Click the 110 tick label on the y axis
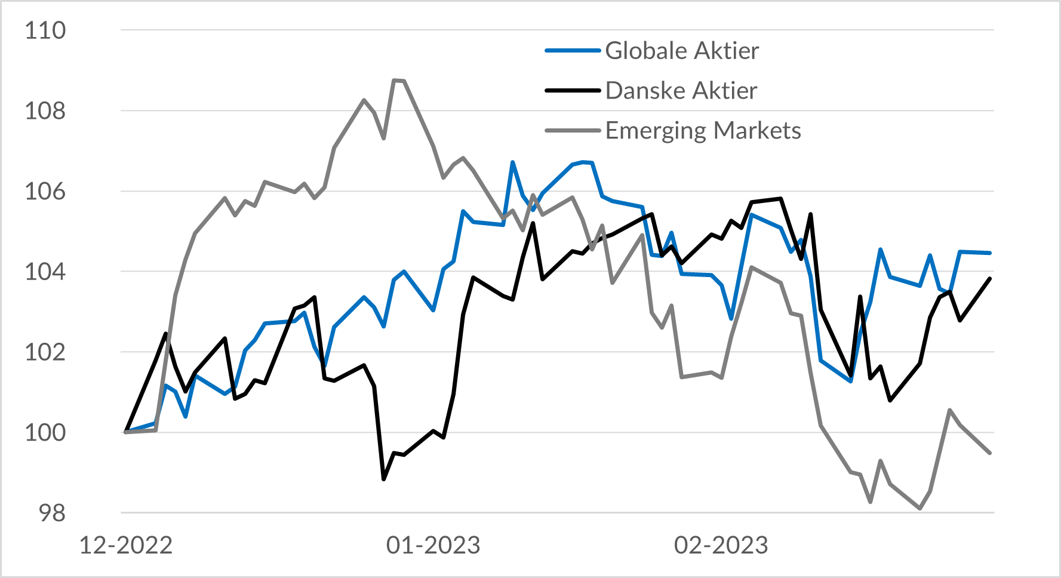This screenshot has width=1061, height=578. [45, 30]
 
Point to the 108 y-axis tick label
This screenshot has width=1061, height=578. [45, 111]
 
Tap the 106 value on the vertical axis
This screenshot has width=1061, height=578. [45, 192]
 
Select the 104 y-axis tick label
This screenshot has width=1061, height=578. [45, 272]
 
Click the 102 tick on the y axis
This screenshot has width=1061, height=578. [45, 352]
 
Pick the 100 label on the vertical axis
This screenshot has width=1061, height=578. [45, 432]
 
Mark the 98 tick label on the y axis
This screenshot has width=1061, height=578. [52, 513]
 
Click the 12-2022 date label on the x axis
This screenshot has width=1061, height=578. [126, 545]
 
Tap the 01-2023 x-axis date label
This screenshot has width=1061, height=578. [433, 545]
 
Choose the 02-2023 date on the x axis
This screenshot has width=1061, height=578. [721, 545]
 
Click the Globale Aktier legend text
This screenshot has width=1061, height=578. [682, 51]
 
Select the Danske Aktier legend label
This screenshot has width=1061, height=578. [681, 91]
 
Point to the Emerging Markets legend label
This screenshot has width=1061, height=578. [703, 131]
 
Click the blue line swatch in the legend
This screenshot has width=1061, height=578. [573, 51]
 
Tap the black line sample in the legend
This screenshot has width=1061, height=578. [573, 91]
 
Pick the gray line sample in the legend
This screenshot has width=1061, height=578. [573, 131]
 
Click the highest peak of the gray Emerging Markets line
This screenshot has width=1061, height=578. [395, 80]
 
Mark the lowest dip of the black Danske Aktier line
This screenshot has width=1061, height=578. [384, 479]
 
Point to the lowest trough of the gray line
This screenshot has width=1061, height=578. [920, 509]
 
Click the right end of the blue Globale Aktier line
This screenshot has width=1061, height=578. [990, 253]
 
